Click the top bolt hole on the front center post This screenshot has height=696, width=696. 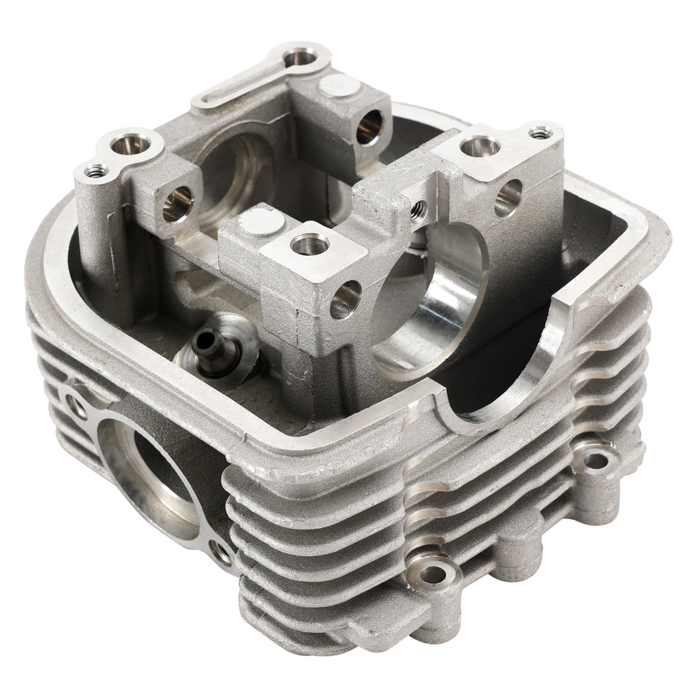click(310, 244)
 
